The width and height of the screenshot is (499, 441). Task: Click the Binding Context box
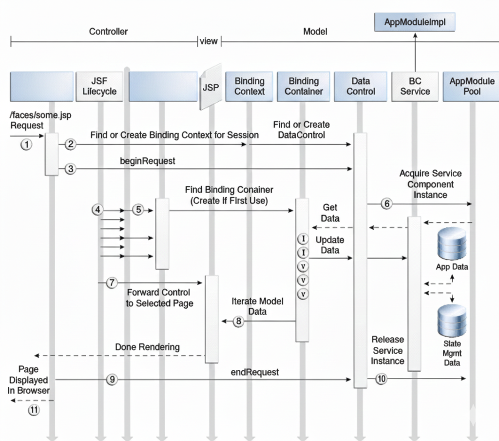click(x=249, y=86)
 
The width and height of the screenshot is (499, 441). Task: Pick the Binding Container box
click(x=303, y=86)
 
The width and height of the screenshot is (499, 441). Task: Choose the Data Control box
click(x=360, y=86)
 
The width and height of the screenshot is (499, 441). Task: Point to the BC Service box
click(x=415, y=86)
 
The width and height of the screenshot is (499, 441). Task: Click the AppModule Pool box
click(x=471, y=86)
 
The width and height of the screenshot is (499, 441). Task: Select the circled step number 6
click(x=386, y=204)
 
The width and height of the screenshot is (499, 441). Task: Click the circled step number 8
click(x=238, y=321)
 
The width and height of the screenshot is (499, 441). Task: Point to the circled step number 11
click(x=33, y=410)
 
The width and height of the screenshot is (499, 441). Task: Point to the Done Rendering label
click(x=147, y=347)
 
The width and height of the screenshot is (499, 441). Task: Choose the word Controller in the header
click(x=108, y=32)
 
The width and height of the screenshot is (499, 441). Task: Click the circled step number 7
click(x=112, y=282)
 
